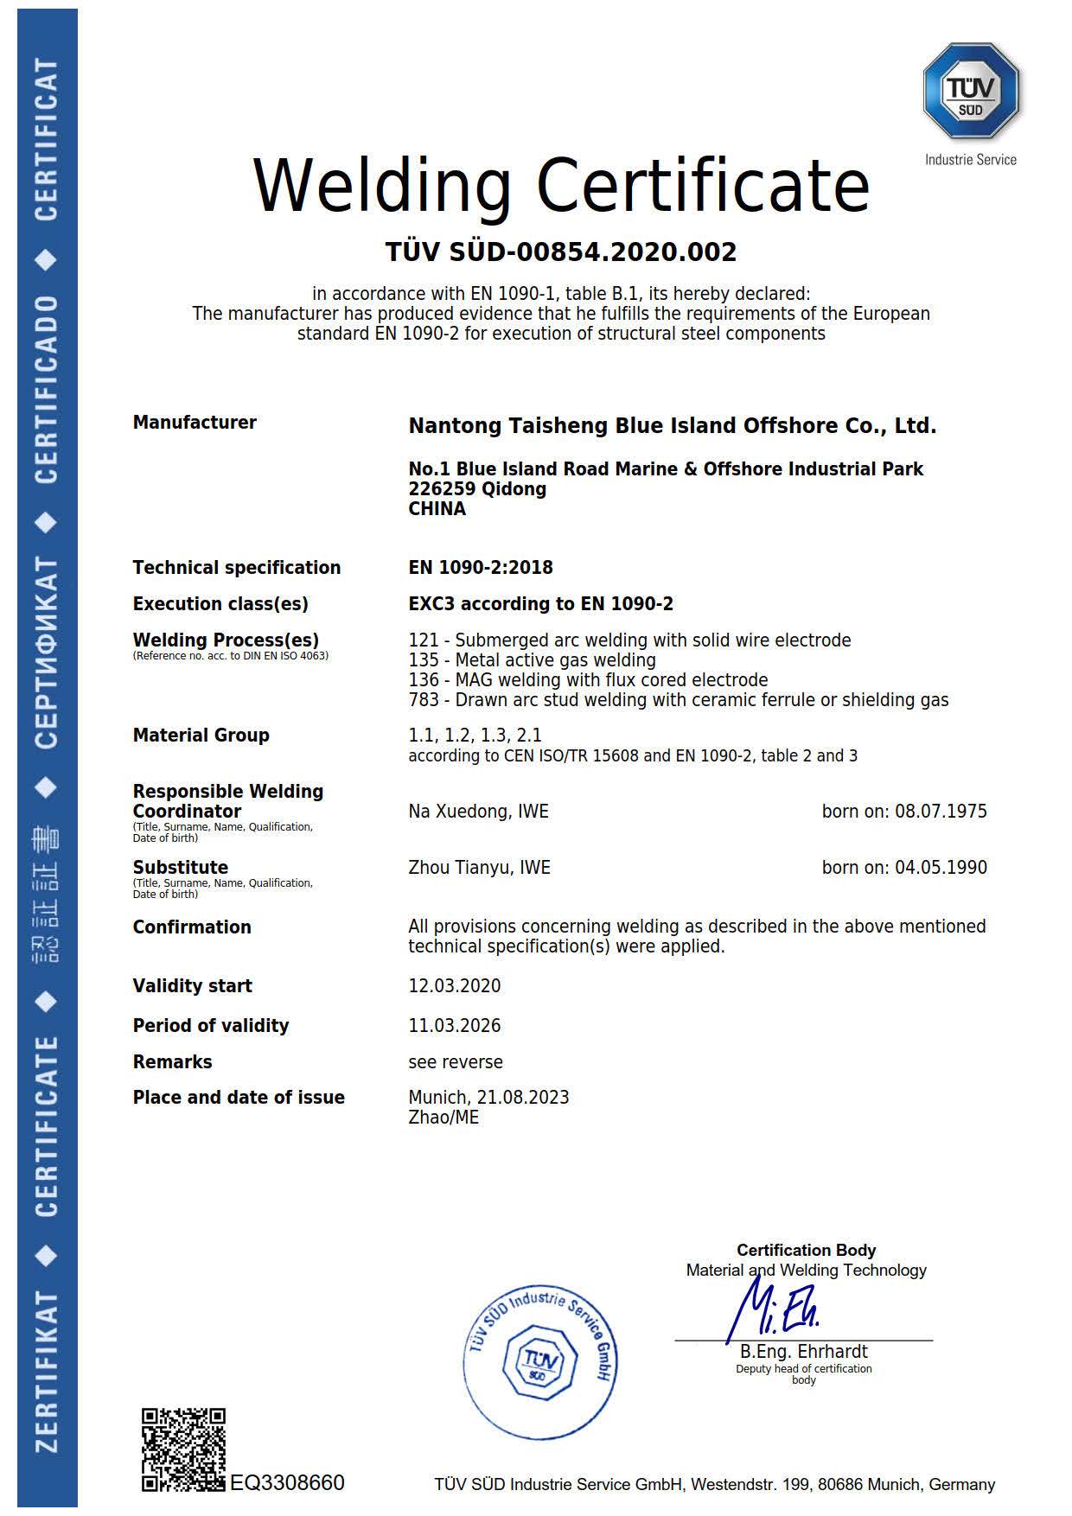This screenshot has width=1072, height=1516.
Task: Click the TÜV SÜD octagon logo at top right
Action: (x=971, y=90)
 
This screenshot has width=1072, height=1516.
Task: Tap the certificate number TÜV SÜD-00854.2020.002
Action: (x=560, y=252)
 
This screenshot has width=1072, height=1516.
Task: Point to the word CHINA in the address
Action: (x=437, y=509)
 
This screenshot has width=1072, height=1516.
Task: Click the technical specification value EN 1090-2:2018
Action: (x=481, y=568)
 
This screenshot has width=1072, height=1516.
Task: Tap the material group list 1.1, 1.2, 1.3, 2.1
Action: (x=475, y=736)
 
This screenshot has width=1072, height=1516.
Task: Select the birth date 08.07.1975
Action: (x=941, y=812)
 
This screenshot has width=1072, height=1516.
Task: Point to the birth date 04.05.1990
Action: (x=941, y=868)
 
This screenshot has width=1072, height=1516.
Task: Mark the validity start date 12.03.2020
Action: (x=455, y=986)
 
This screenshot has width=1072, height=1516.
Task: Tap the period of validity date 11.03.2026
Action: (x=455, y=1026)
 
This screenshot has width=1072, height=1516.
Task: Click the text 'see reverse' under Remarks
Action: (x=456, y=1062)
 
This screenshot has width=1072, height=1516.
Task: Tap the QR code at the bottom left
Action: (x=183, y=1449)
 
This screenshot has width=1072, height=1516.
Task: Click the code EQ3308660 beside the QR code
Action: (x=287, y=1483)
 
